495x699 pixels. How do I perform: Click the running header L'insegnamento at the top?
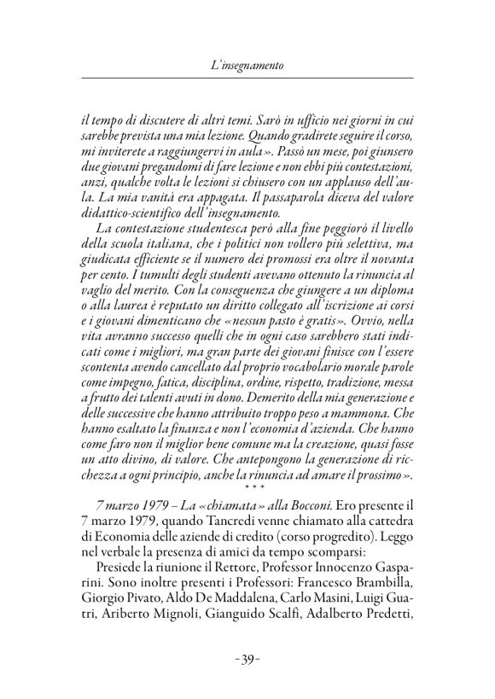[247, 65]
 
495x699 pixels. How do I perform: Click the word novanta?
[392, 274]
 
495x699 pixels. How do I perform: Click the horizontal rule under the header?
[247, 79]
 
